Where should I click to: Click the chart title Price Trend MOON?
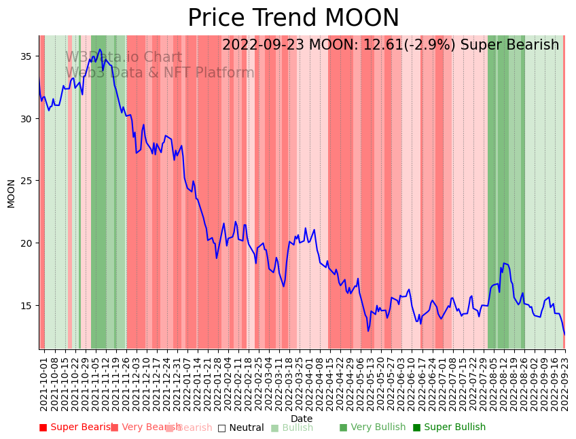point(293,18)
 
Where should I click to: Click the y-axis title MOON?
point(11,193)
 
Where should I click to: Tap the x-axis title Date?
point(302,419)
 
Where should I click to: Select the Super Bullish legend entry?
point(449,427)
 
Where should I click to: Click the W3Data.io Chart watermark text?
point(124,58)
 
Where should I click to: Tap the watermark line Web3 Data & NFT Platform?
point(160,73)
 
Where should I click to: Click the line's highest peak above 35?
point(100,50)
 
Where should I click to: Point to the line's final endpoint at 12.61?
point(564,334)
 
